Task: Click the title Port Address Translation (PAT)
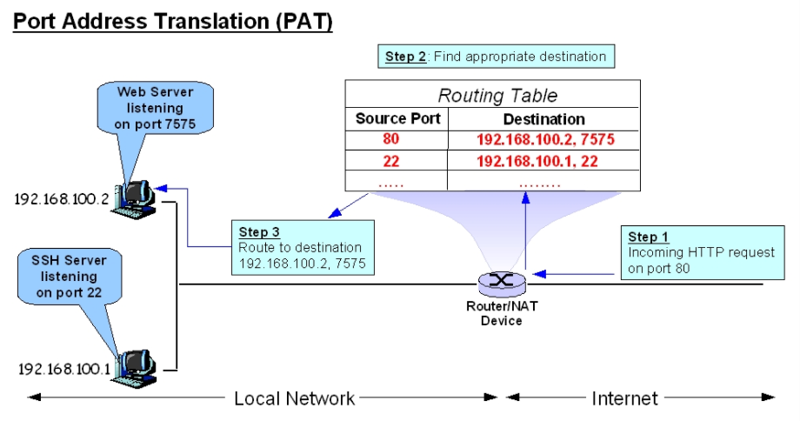[173, 22]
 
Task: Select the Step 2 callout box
[496, 57]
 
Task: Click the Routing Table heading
[497, 96]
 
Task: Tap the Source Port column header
[397, 119]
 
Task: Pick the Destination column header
[544, 119]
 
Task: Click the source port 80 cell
[390, 139]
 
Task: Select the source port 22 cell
[390, 160]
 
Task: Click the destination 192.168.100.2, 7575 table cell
[545, 139]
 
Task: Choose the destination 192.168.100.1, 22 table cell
[545, 160]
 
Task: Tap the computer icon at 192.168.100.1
[138, 365]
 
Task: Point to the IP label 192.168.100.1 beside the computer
[63, 368]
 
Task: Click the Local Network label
[294, 399]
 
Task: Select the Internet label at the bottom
[624, 399]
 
